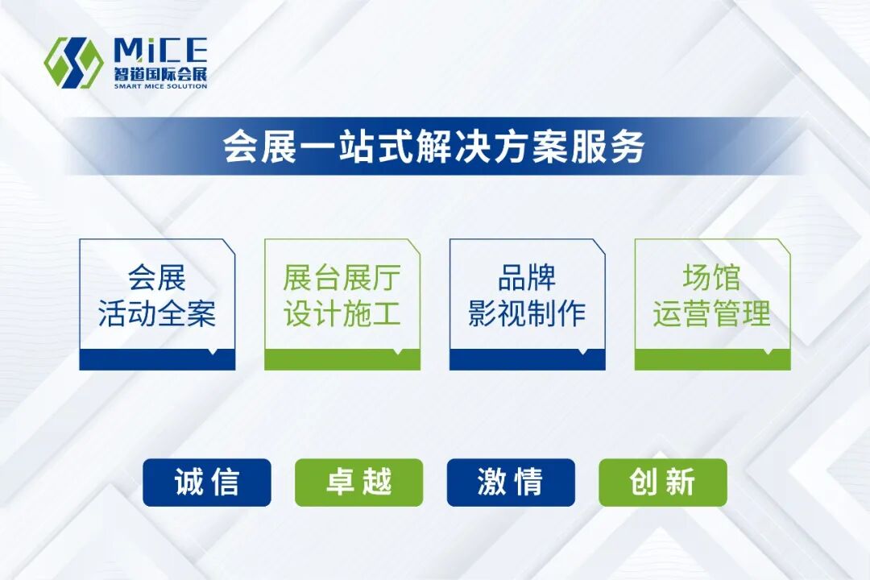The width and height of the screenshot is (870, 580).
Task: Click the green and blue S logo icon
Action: (73, 62)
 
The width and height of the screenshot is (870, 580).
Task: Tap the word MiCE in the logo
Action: (160, 51)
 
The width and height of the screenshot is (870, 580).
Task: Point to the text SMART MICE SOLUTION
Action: (160, 85)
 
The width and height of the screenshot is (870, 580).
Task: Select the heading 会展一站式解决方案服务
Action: (434, 147)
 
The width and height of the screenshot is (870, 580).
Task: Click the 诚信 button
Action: (207, 483)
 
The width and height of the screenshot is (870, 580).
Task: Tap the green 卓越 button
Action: (358, 483)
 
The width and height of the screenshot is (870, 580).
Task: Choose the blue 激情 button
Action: (511, 483)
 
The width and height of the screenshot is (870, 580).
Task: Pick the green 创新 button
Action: (662, 483)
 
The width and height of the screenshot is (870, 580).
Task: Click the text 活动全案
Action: (157, 314)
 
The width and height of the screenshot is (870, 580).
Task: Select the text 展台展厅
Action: (342, 279)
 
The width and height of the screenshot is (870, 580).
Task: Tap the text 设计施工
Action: (342, 314)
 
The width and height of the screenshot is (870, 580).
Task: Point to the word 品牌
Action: (528, 279)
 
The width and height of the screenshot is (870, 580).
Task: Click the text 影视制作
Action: (528, 314)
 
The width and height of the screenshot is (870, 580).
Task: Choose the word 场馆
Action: (712, 279)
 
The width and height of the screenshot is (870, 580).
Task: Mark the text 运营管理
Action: (712, 314)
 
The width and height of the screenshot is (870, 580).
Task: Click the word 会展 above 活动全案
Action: (157, 279)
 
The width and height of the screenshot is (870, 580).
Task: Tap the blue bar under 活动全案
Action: (157, 360)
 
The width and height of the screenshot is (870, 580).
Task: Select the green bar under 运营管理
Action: (712, 360)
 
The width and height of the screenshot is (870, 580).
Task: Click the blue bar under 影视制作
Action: (528, 360)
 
